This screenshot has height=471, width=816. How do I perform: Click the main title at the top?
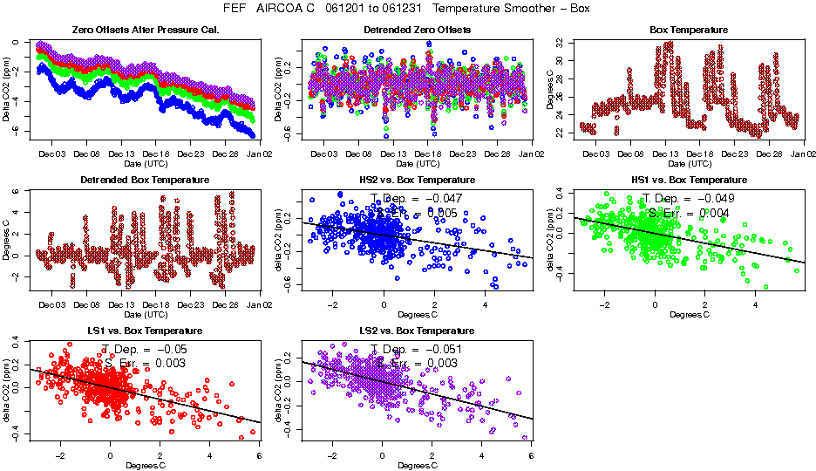[x=407, y=9]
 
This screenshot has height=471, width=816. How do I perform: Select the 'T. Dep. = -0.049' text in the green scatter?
[x=689, y=199]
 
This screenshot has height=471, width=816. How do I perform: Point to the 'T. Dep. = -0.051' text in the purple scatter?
[x=417, y=349]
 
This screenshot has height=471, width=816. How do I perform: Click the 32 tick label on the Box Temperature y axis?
[x=561, y=42]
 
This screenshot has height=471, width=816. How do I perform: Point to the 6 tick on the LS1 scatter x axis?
[x=260, y=455]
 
